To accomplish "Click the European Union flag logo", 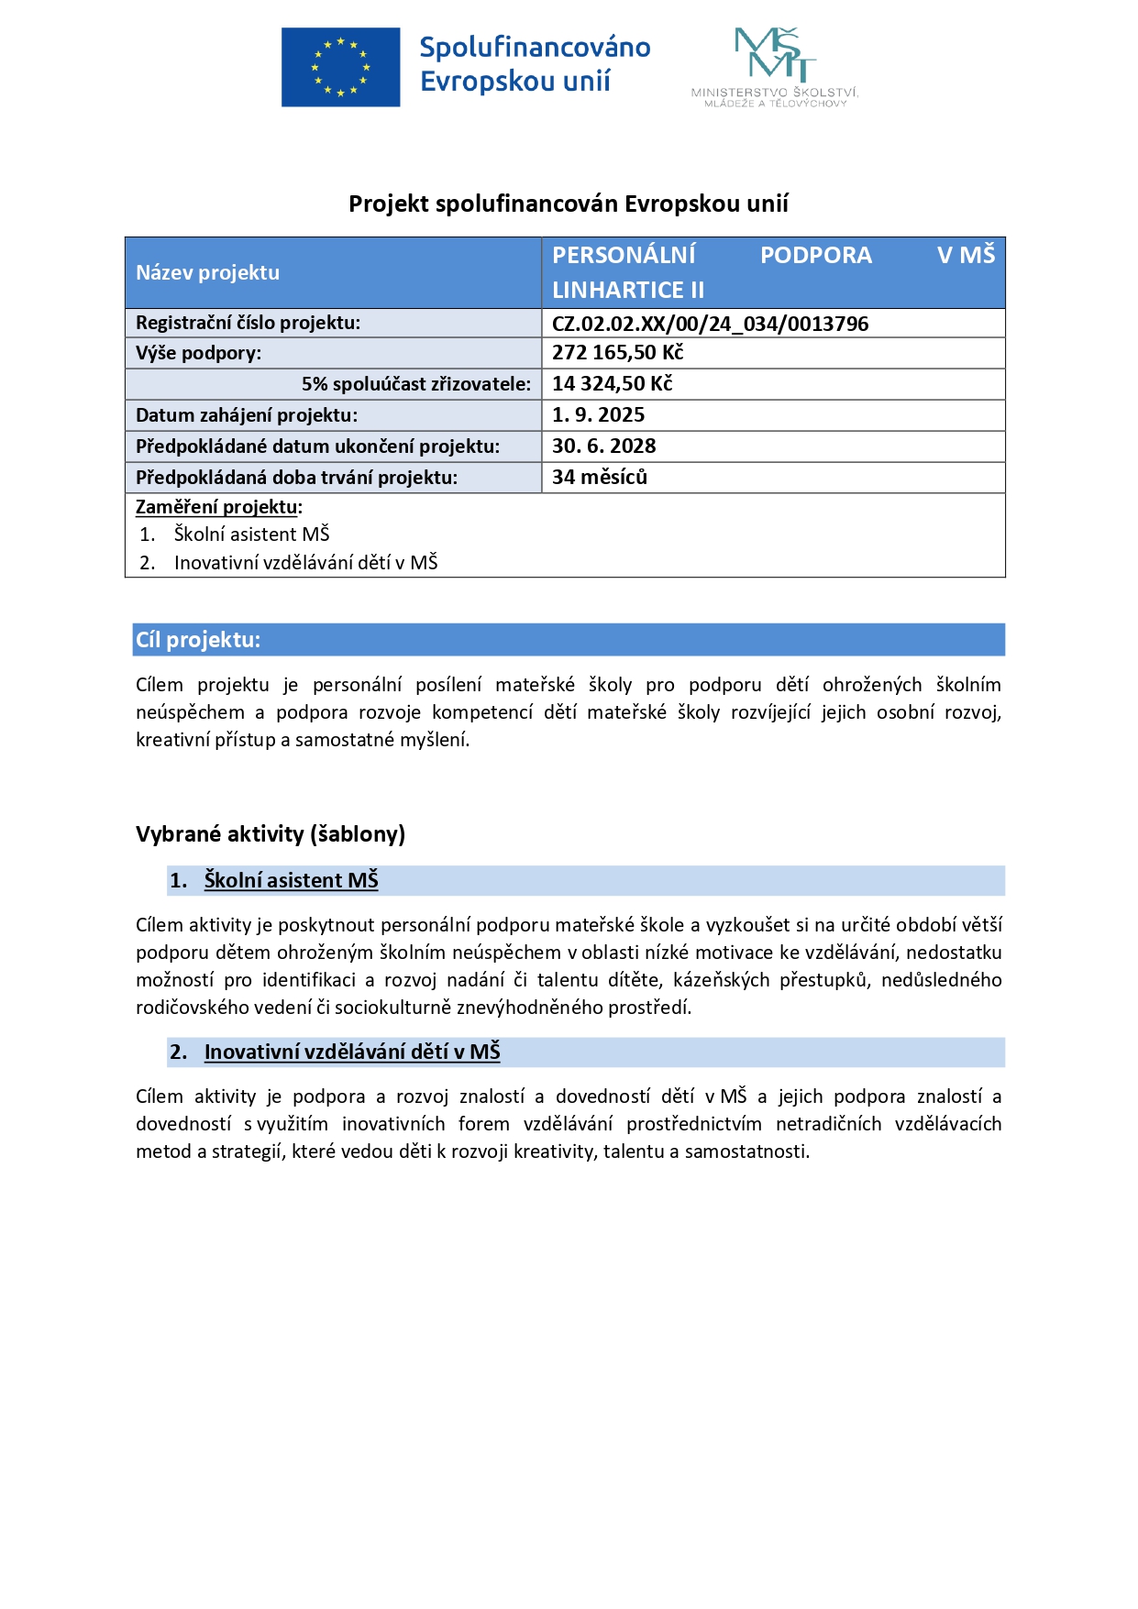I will tap(340, 67).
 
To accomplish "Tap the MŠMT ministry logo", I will tap(775, 66).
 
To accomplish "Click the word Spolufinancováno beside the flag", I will tap(535, 48).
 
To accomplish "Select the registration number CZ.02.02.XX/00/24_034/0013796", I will tap(710, 324).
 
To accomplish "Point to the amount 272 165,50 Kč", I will tap(617, 353).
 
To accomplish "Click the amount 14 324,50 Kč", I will tap(612, 384).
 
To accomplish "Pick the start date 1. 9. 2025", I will tap(598, 415).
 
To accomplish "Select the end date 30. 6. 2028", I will tap(603, 446).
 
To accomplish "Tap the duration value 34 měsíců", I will tap(599, 478).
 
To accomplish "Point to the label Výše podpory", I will tap(198, 353).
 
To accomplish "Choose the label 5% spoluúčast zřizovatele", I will tap(416, 384).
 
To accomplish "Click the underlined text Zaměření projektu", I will tap(217, 507).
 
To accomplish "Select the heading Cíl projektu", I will tap(198, 640).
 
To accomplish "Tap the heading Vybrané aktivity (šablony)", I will tap(271, 834).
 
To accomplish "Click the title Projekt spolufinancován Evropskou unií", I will tap(569, 204).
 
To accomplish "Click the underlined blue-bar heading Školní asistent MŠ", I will tap(291, 881).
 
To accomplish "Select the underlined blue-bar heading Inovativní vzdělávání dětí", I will tap(352, 1052).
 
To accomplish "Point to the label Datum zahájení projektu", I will tap(247, 415).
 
